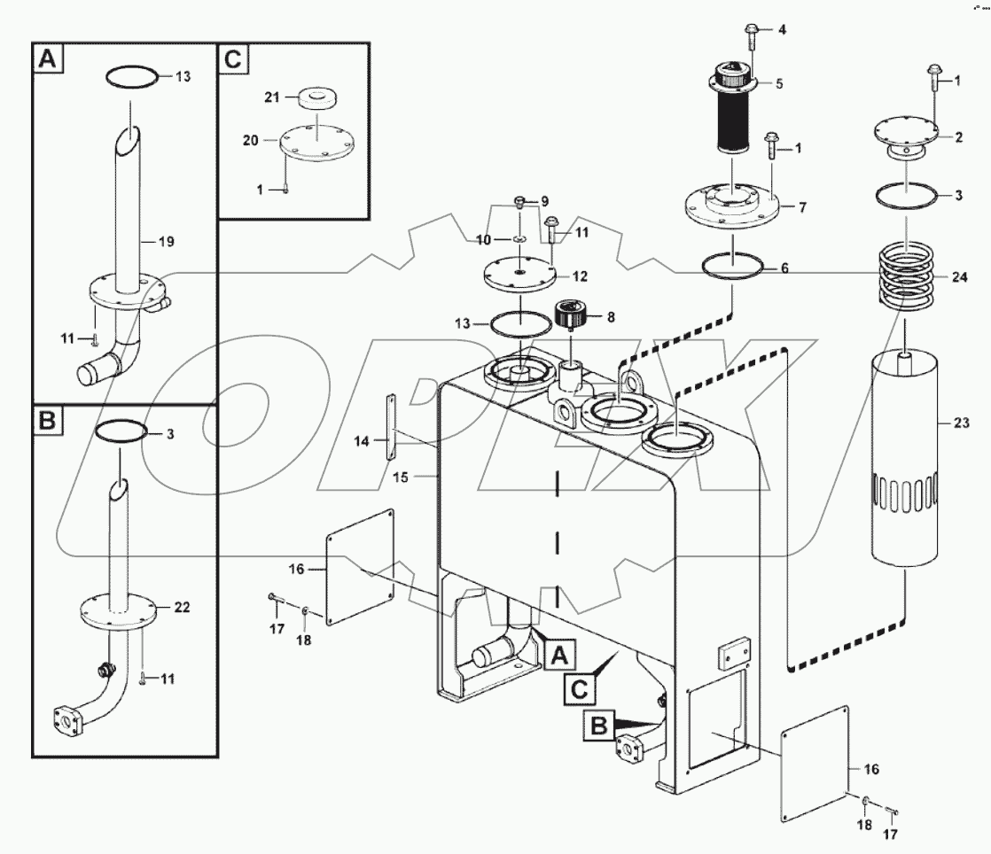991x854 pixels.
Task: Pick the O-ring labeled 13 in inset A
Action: pyautogui.click(x=133, y=78)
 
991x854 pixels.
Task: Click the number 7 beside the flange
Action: pyautogui.click(x=802, y=206)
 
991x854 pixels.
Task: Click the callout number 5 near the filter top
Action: pyautogui.click(x=779, y=84)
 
